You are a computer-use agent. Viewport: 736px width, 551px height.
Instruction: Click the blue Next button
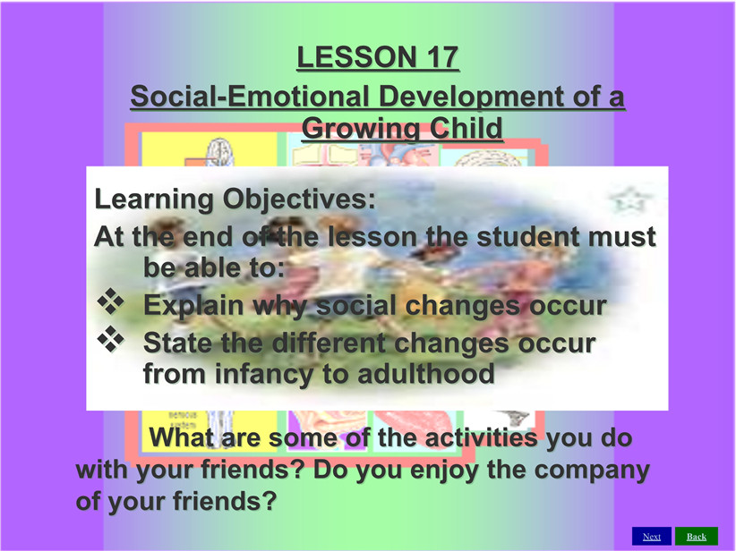click(x=652, y=536)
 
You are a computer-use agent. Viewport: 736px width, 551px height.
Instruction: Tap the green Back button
click(x=697, y=536)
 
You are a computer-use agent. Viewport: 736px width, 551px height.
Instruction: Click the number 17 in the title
click(x=441, y=56)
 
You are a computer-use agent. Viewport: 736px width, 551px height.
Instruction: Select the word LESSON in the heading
click(x=356, y=56)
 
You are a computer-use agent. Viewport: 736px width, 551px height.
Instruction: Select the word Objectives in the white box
click(x=299, y=199)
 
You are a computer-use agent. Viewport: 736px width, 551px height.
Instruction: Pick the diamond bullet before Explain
click(x=111, y=301)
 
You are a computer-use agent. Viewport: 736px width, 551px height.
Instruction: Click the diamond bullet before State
click(x=111, y=339)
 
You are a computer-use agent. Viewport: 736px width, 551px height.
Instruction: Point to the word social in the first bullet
click(x=356, y=305)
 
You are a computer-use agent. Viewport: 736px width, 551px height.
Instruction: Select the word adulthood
click(x=425, y=374)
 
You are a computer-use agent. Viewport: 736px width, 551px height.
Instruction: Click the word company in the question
click(x=592, y=470)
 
